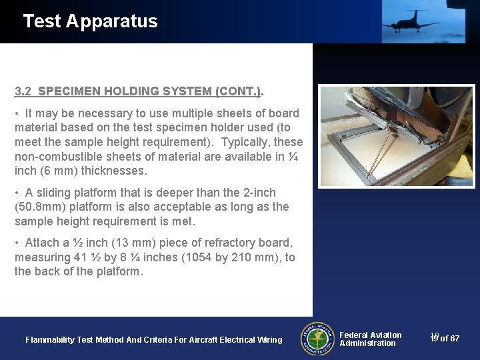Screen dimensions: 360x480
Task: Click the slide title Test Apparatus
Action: click(x=90, y=21)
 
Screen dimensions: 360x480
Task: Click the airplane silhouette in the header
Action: click(x=410, y=21)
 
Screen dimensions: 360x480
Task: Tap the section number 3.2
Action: click(x=24, y=91)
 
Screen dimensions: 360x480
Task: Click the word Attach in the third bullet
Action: click(x=41, y=243)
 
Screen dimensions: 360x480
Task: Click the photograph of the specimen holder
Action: click(x=396, y=136)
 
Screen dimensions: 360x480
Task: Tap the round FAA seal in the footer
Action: click(x=318, y=339)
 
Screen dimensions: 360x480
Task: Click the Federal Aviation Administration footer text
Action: click(x=371, y=339)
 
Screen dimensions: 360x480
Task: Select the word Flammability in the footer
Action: click(x=50, y=340)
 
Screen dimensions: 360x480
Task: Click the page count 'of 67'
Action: click(x=449, y=339)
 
